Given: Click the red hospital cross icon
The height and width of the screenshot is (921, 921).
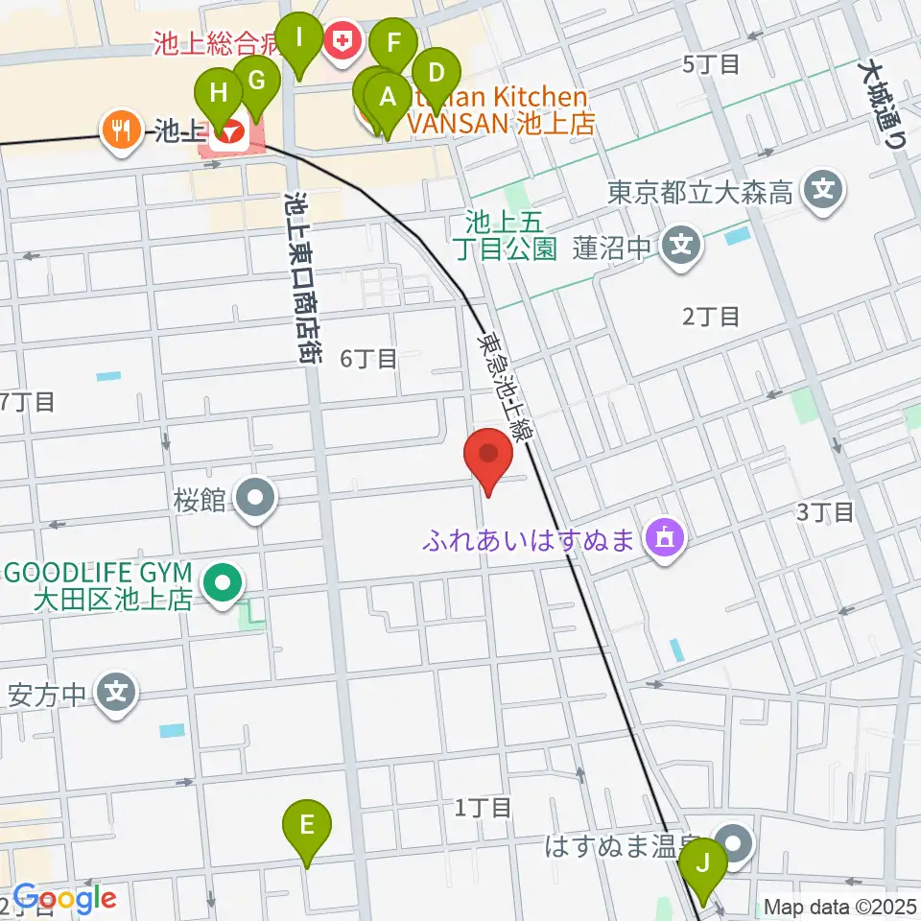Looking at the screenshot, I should [340, 40].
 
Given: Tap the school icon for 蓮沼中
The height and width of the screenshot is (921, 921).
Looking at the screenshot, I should [681, 247].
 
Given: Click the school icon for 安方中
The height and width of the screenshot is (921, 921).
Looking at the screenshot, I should [117, 690].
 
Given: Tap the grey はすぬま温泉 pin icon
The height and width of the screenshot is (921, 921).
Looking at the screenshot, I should [736, 845].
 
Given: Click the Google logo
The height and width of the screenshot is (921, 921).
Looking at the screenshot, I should [64, 899].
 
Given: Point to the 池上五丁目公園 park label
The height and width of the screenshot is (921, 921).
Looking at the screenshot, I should [510, 236].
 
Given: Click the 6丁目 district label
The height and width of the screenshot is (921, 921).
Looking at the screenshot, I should [368, 359].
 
